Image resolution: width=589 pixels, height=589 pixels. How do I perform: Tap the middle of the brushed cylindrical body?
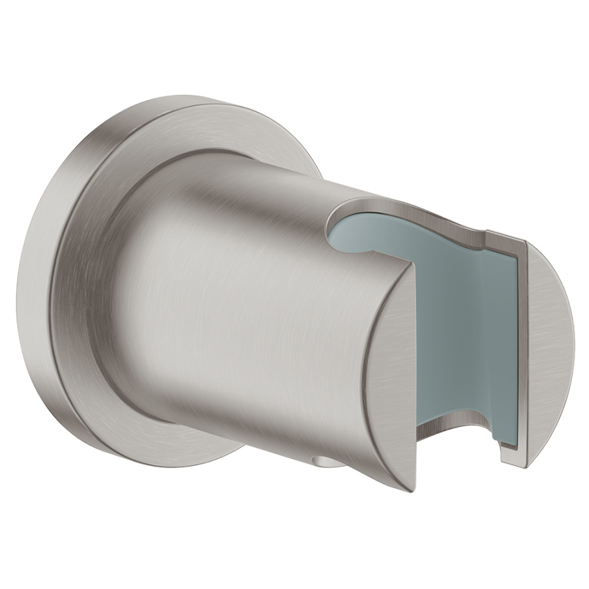tap(249, 314)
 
